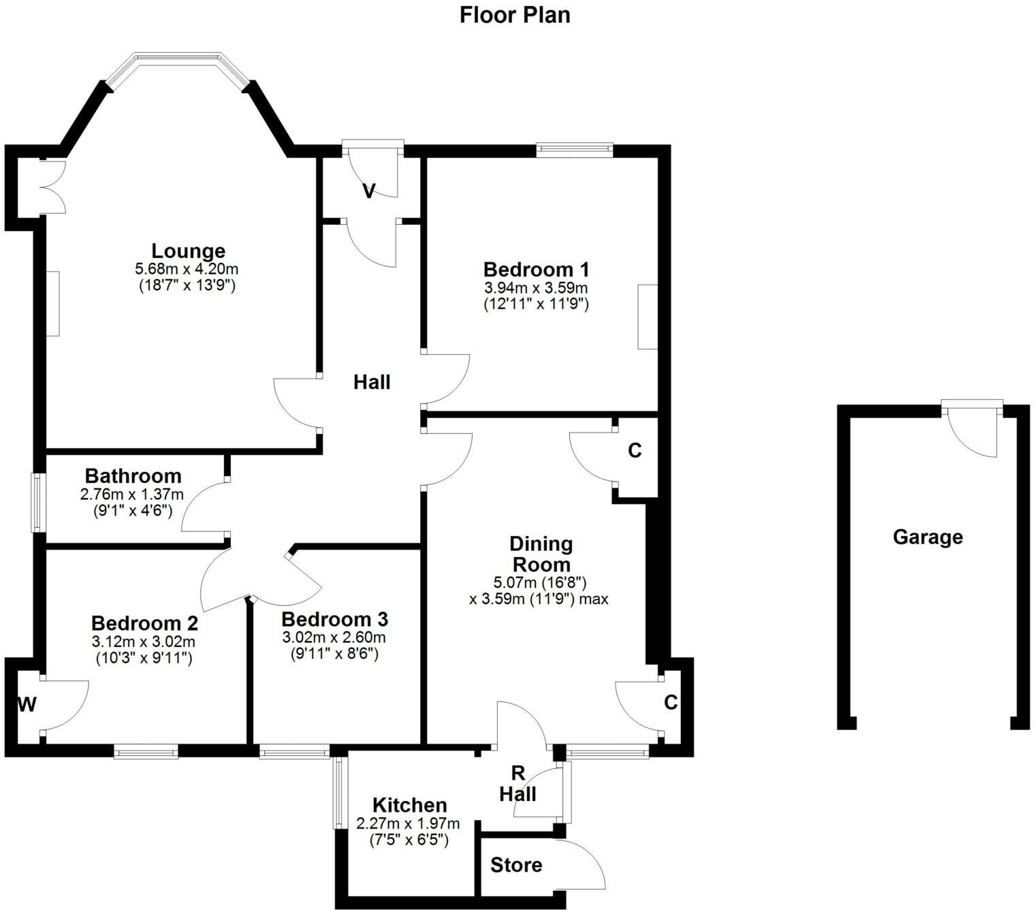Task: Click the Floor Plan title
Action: (x=515, y=15)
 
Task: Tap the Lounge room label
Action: (x=188, y=251)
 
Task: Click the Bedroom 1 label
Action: (x=536, y=269)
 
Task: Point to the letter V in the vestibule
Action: (x=368, y=191)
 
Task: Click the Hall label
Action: (x=372, y=383)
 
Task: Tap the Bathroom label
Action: (x=133, y=475)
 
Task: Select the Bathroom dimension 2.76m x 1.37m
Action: (x=132, y=494)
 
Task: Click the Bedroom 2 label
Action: (x=144, y=623)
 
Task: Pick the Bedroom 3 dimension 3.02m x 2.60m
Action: (x=334, y=637)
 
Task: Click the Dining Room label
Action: (x=541, y=554)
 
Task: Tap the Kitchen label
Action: (x=410, y=806)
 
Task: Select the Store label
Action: (x=516, y=866)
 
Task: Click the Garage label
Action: (x=927, y=537)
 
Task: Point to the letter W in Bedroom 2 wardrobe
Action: (x=27, y=705)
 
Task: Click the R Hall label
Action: (x=518, y=784)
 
